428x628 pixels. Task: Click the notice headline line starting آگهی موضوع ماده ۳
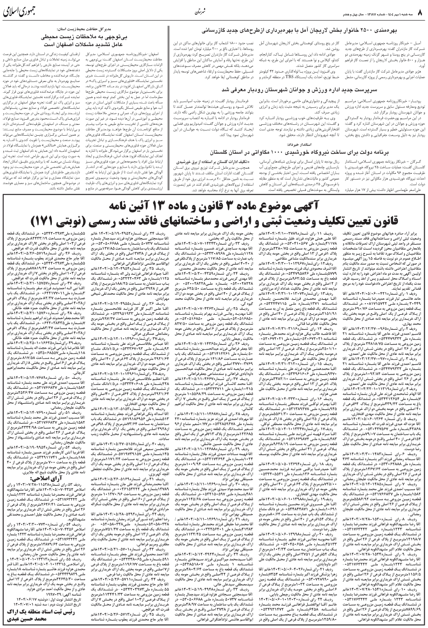pyautogui.click(x=214, y=206)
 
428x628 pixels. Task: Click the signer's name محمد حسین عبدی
pyautogui.click(x=42, y=620)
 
